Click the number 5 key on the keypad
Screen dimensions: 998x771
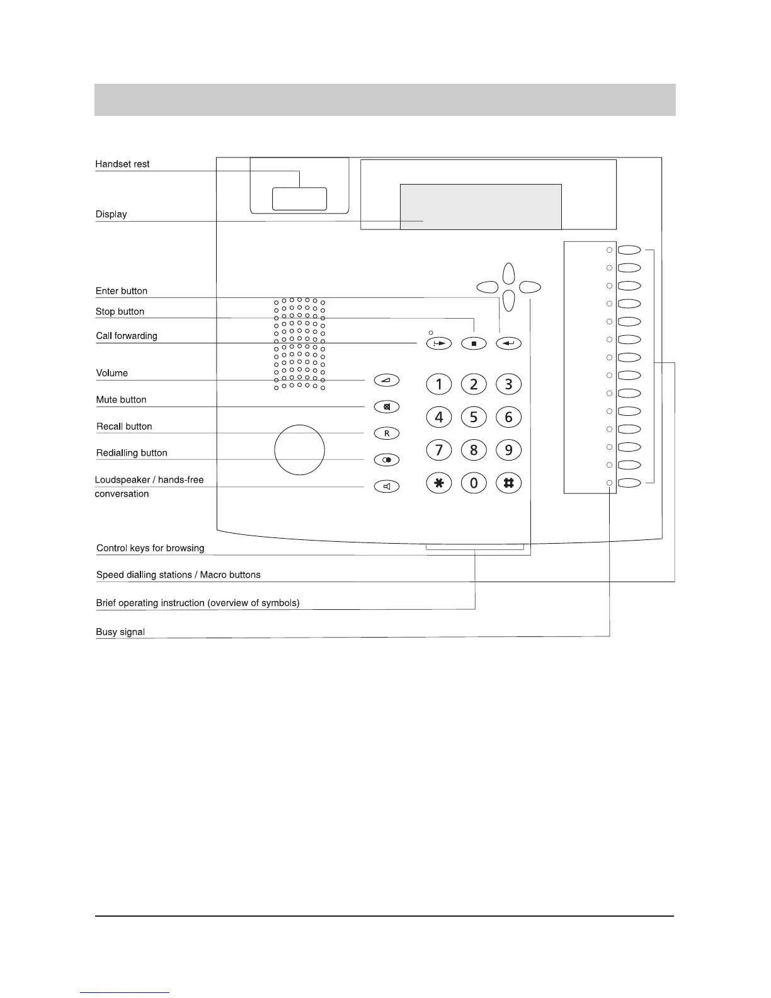474,417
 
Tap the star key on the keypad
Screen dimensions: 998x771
439,483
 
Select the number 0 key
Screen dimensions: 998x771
474,483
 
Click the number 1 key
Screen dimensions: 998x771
439,384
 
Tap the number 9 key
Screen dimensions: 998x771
508,450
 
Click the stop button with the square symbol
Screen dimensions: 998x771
474,343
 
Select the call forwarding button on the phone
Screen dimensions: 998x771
439,343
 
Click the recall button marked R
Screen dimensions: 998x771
387,433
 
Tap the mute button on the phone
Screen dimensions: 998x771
387,407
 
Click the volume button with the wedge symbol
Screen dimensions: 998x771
387,381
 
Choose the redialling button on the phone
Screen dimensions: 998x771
387,460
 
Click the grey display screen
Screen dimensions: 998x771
481,207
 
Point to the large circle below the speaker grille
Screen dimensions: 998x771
299,450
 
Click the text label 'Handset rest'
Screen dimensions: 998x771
122,164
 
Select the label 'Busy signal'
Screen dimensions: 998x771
120,632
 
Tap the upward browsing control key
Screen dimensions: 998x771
510,273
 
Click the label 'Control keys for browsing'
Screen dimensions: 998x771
150,548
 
